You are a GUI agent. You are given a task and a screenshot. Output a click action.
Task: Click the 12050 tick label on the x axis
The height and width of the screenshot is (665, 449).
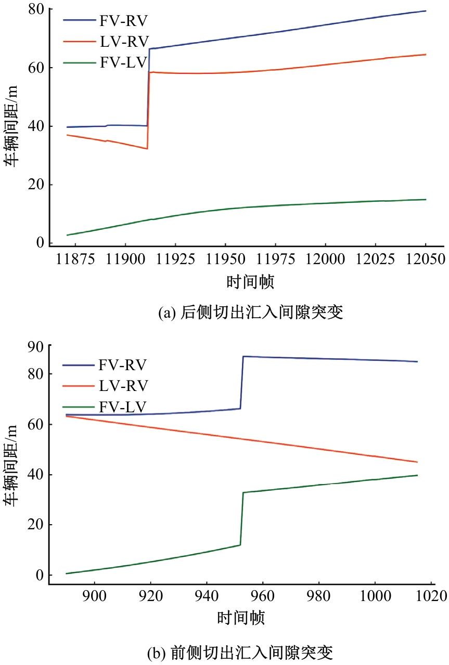point(425,259)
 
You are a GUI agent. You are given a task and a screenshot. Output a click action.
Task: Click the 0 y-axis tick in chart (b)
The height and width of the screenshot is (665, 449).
point(39,575)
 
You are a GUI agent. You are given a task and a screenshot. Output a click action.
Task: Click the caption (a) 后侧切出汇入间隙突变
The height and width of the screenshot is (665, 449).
point(250,313)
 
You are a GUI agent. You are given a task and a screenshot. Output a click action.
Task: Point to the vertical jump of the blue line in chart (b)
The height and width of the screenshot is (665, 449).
point(241,382)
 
